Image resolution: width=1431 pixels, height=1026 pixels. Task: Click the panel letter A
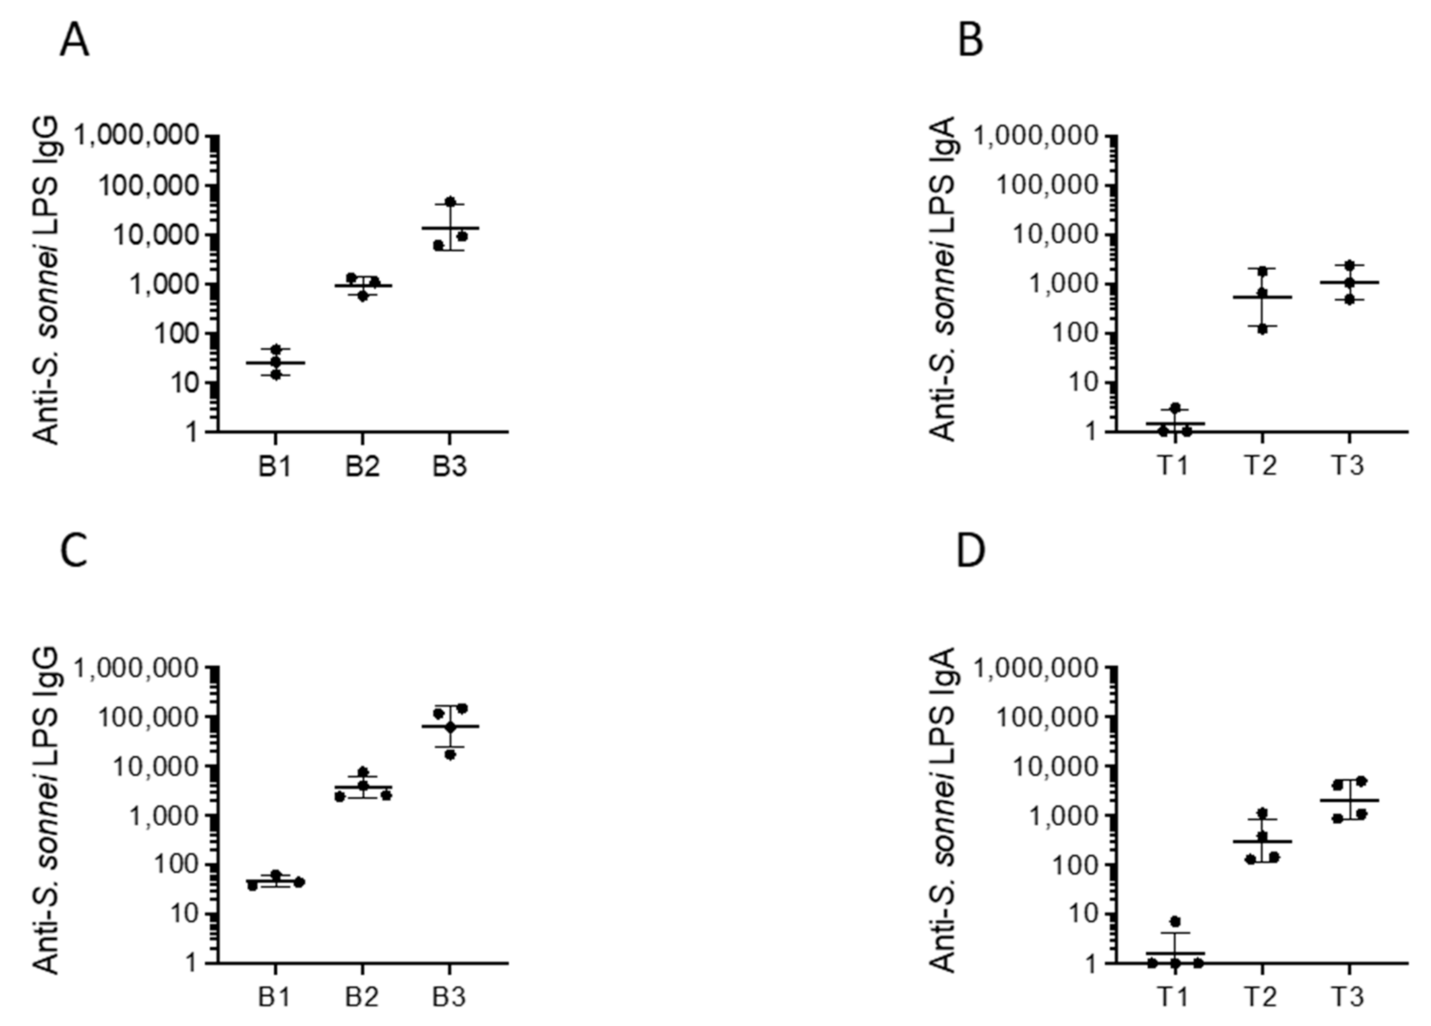(74, 40)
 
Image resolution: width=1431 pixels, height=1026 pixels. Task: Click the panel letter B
(970, 40)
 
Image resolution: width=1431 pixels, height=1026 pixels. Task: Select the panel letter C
(74, 551)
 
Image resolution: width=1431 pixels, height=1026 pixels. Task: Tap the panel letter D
(971, 551)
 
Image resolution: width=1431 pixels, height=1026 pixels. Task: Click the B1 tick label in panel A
(275, 468)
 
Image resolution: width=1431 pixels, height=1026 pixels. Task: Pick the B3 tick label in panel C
(450, 999)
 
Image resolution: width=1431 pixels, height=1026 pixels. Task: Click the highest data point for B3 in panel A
(450, 202)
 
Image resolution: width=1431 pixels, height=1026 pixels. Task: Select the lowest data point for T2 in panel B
(1262, 328)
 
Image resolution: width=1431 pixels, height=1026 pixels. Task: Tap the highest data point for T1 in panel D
(1175, 921)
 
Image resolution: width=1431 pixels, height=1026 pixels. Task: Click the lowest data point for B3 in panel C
(450, 754)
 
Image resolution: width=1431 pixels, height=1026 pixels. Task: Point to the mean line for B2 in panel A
(362, 286)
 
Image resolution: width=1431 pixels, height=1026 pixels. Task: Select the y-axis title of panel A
(48, 282)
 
